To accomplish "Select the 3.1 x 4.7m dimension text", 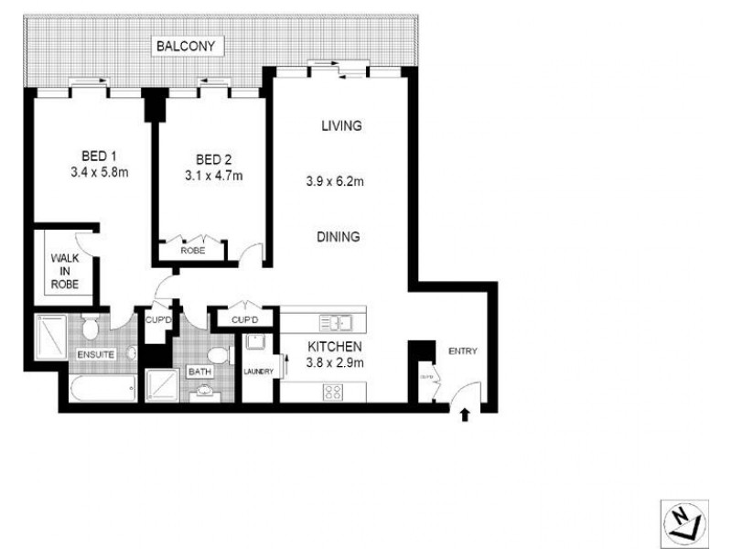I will (212, 176).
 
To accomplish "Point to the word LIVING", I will (341, 125).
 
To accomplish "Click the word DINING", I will (338, 236).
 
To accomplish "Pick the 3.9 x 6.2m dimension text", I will (336, 181).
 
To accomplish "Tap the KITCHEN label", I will (336, 347).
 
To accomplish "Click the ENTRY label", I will (462, 351).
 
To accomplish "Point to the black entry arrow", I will (465, 414).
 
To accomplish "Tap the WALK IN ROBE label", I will (65, 272).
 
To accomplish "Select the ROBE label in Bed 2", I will (191, 249).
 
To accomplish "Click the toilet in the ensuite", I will (90, 327).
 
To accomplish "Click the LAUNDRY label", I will (259, 370).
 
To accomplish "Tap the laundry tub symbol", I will (255, 344).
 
